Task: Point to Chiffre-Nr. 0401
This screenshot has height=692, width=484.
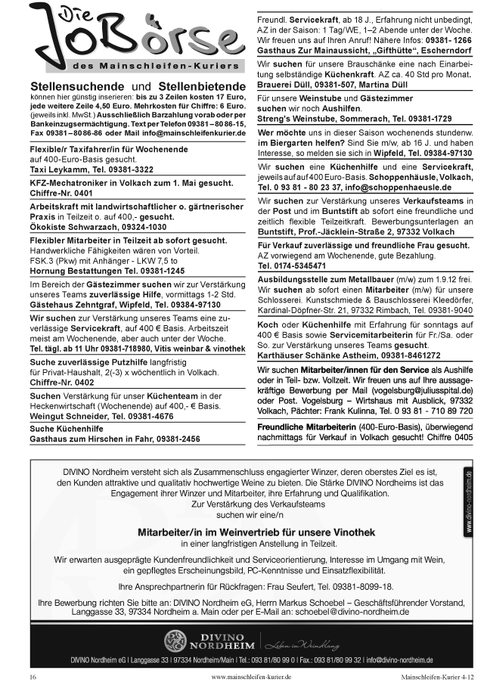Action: tap(61, 193)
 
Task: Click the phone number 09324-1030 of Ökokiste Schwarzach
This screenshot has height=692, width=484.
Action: tap(141, 226)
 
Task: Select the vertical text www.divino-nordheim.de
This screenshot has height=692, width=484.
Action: tap(469, 503)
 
